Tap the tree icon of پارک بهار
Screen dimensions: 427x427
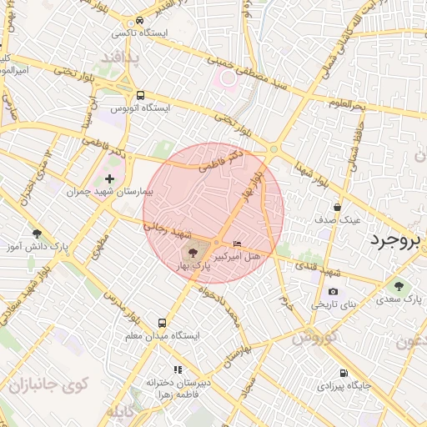(x=193, y=251)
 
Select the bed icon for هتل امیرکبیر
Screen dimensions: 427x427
(x=238, y=244)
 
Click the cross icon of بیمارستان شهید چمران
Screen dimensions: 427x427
(x=109, y=178)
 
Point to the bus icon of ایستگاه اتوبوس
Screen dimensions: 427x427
(x=140, y=95)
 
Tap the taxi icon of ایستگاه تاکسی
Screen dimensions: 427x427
(x=138, y=20)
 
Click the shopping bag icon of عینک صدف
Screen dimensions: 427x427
(x=337, y=207)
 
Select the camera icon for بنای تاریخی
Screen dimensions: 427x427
(x=333, y=291)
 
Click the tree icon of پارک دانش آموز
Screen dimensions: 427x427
(x=36, y=234)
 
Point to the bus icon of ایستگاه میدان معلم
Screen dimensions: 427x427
(x=163, y=322)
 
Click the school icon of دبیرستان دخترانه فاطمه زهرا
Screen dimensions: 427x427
(x=177, y=369)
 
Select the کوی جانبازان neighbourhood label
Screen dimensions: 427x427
(x=49, y=385)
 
